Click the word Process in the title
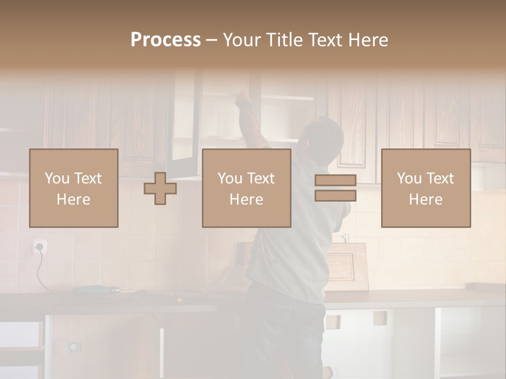coord(166,40)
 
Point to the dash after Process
coord(212,41)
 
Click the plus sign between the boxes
coord(160,188)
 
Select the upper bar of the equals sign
coord(335,180)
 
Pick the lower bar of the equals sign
coord(335,196)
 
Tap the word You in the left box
coord(56,178)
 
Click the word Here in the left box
coord(73,200)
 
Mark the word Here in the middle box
coord(246,200)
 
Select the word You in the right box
coord(408,178)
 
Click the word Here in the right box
coord(425,200)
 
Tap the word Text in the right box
coord(440,178)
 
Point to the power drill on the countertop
coord(95,289)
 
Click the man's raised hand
coord(242,97)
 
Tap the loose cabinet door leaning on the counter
coord(348,266)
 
